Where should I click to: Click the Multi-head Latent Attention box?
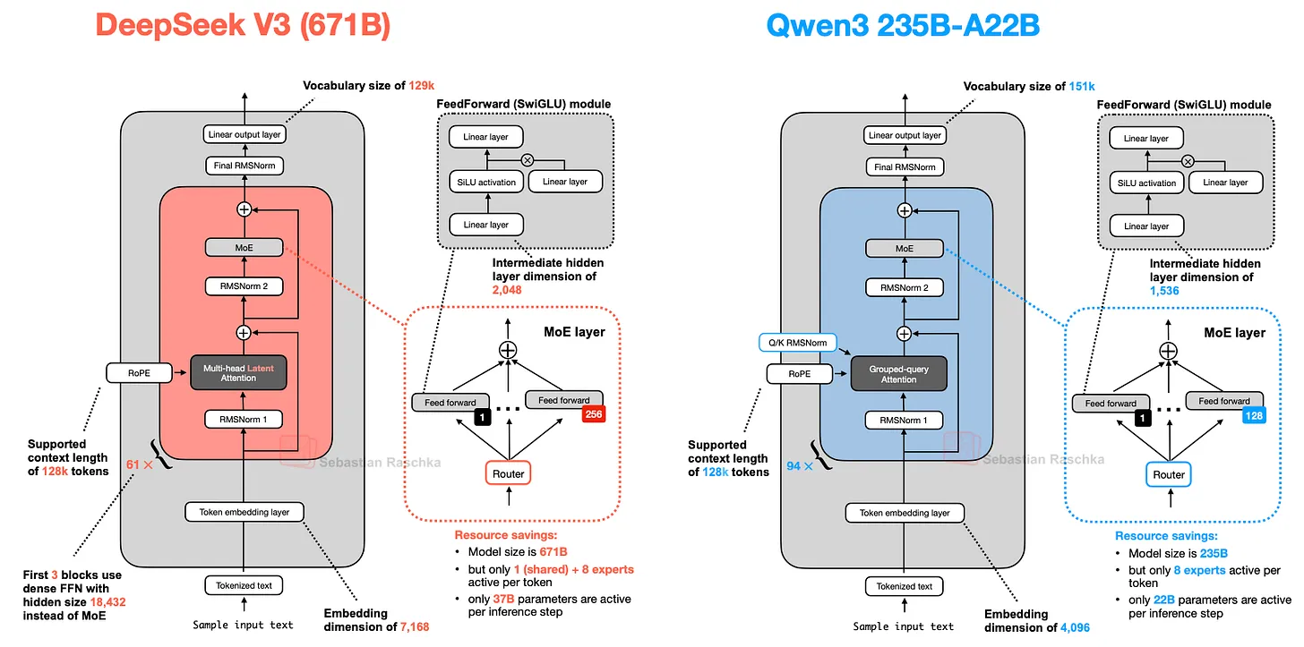point(238,373)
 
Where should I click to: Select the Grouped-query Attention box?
point(899,373)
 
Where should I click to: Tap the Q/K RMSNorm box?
point(797,343)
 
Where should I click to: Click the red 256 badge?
point(593,414)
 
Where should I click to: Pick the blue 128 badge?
point(1254,415)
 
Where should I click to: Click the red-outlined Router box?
point(508,473)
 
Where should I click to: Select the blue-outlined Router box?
point(1169,475)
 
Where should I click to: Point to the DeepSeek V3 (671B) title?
point(243,25)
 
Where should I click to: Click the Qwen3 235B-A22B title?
point(903,26)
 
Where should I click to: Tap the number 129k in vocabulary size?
point(422,86)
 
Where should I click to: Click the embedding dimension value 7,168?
point(415,626)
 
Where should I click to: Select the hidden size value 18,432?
point(107,602)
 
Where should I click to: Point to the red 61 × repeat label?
point(140,464)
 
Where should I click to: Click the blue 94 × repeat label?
point(800,466)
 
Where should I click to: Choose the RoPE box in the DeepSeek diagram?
point(139,373)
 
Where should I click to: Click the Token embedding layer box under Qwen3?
point(905,513)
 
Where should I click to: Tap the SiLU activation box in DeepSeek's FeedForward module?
point(486,183)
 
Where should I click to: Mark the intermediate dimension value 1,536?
point(1164,291)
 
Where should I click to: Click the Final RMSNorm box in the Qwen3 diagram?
point(905,167)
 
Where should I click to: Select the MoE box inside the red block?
point(244,248)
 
